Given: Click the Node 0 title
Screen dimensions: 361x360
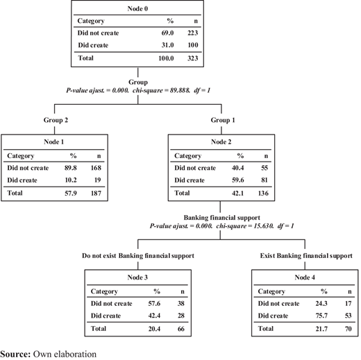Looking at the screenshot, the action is point(137,8).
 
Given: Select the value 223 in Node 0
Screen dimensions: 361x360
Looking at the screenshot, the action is point(192,33).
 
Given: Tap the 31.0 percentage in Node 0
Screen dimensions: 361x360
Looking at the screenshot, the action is point(167,45).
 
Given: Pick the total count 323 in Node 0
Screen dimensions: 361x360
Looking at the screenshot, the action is point(192,58).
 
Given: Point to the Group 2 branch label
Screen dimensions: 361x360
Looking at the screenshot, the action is point(56,120).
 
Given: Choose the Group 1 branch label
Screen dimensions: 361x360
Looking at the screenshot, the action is point(223,120).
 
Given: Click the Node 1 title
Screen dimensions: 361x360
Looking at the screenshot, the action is point(53,142).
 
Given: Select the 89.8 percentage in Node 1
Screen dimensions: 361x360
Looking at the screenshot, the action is point(71,168).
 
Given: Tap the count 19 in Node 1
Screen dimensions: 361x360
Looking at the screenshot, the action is point(97,180).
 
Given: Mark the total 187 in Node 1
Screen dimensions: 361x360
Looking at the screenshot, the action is point(96,193).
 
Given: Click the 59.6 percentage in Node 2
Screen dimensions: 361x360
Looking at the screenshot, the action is point(237,180).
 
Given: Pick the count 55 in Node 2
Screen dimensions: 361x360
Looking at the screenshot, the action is point(265,168).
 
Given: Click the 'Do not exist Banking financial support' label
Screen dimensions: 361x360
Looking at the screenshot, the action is point(138,256).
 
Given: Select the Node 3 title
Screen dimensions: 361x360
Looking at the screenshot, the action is point(137,277).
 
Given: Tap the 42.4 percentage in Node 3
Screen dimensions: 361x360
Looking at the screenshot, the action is point(154,316).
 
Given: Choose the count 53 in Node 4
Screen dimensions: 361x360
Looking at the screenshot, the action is point(348,316).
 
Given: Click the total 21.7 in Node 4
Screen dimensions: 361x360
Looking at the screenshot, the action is point(321,329).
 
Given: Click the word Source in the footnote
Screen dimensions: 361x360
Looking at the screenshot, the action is point(15,354).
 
